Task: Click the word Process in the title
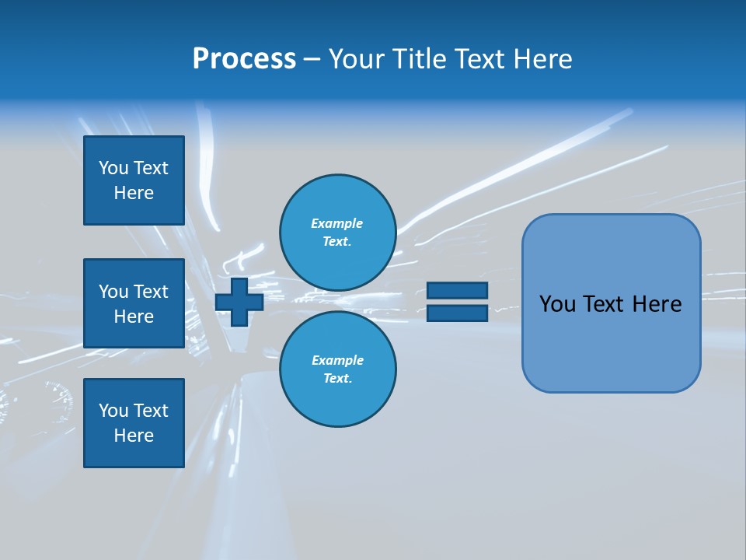[244, 59]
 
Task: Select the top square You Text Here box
[134, 180]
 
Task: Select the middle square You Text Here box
[134, 303]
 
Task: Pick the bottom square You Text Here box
[134, 422]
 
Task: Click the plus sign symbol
[239, 302]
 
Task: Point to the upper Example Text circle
[337, 233]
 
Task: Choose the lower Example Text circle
[337, 369]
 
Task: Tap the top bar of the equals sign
[457, 291]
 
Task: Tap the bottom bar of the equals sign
[457, 313]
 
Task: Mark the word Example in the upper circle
[336, 223]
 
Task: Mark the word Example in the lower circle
[337, 360]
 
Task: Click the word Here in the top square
[134, 193]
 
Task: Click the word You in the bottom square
[113, 411]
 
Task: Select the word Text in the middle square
[150, 292]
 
